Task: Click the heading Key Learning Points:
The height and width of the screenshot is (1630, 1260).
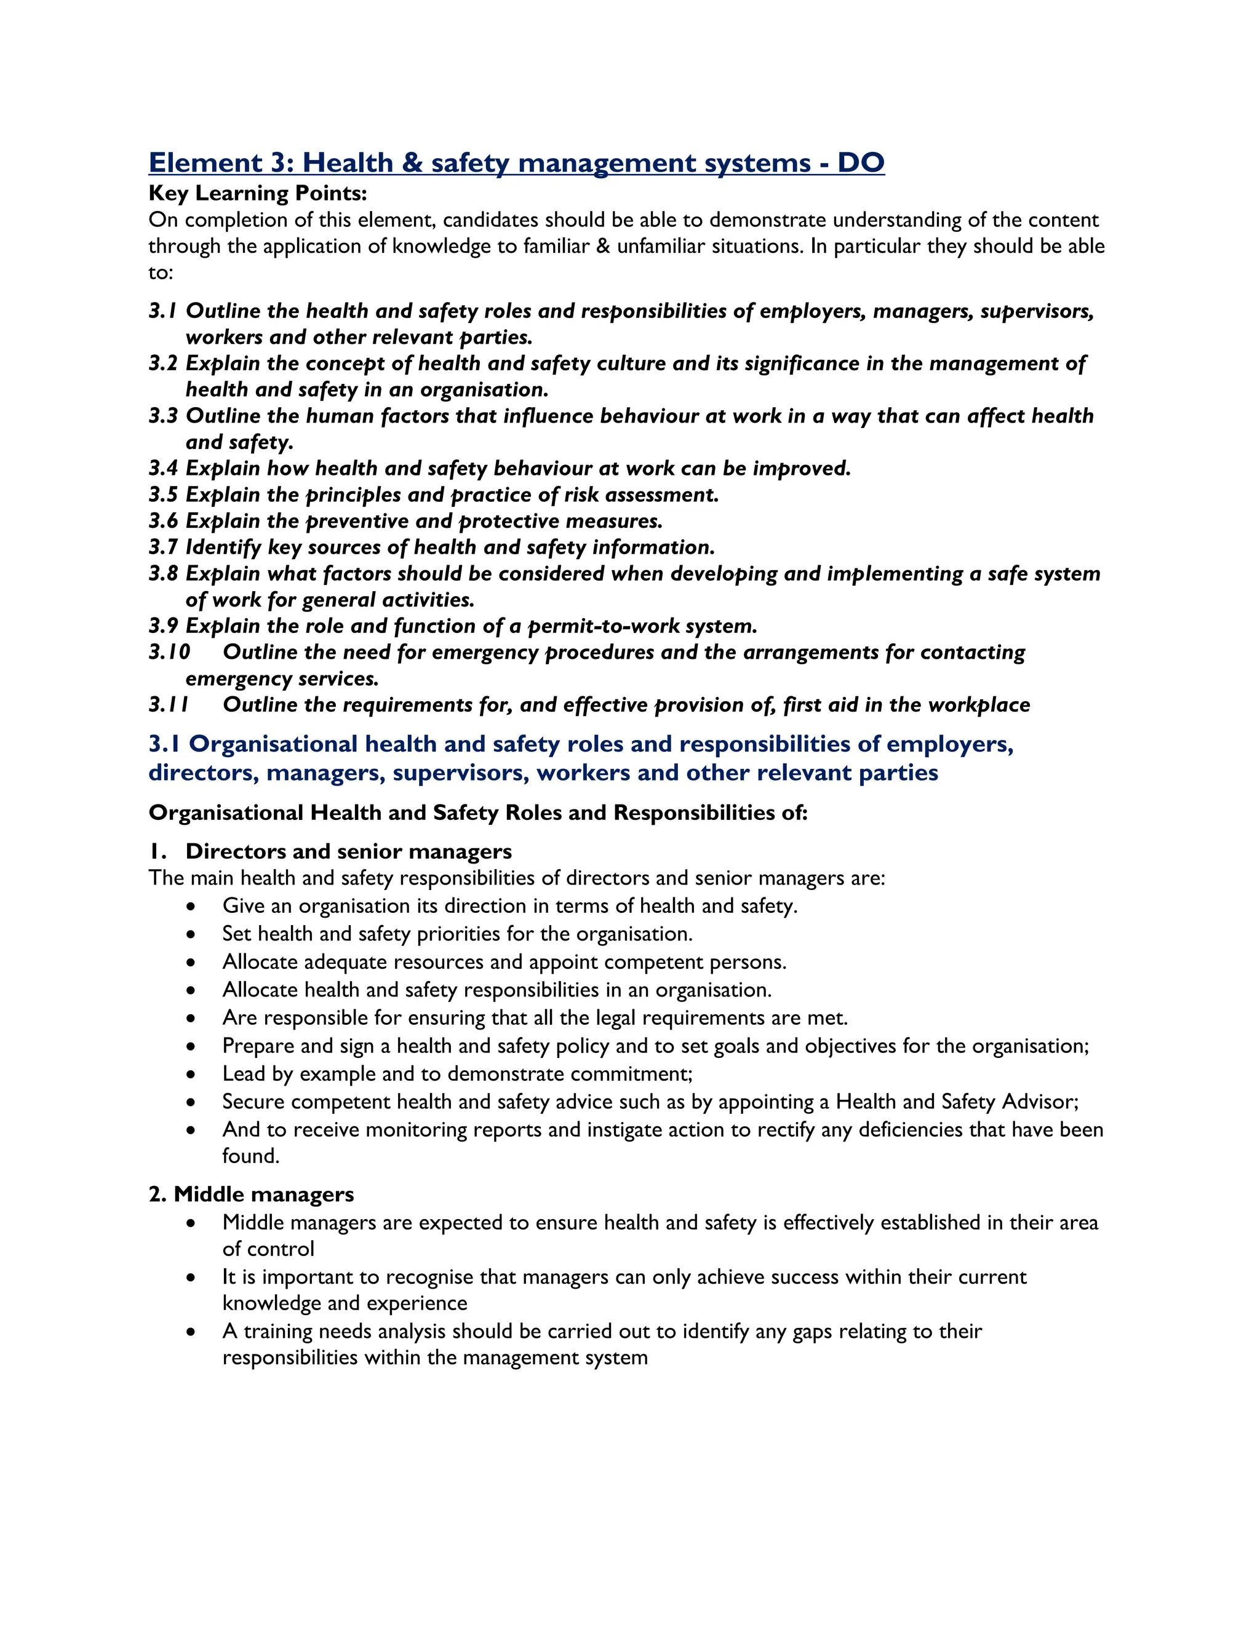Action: pyautogui.click(x=258, y=193)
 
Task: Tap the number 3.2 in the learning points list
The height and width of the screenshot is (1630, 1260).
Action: pyautogui.click(x=164, y=364)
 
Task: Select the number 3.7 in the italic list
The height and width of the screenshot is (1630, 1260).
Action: pyautogui.click(x=164, y=547)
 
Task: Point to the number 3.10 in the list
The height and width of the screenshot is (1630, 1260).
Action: pyautogui.click(x=169, y=652)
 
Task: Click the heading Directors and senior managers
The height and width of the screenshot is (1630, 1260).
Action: pyautogui.click(x=349, y=851)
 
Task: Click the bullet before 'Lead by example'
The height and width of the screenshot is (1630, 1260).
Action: pyautogui.click(x=192, y=1075)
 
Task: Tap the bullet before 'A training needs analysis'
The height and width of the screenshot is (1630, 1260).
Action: pyautogui.click(x=192, y=1332)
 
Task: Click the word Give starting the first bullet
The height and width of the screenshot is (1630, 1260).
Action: pyautogui.click(x=244, y=906)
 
